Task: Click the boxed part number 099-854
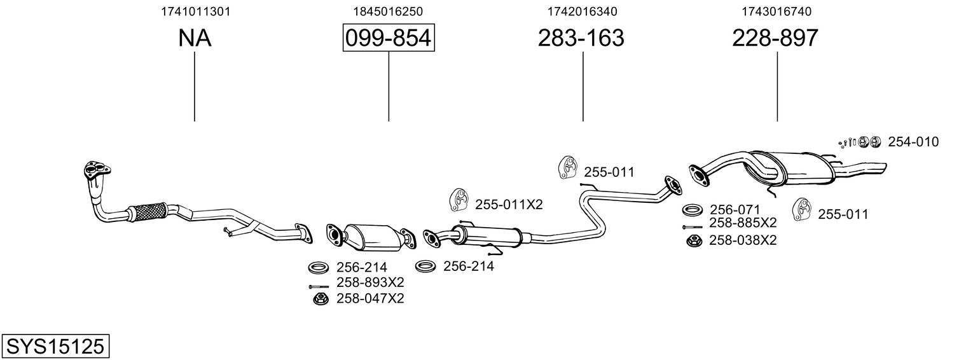(389, 39)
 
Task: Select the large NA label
(195, 39)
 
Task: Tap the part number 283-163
(581, 39)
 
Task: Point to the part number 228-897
(775, 39)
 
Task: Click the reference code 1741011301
(195, 11)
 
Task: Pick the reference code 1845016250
(388, 11)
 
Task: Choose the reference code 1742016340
(582, 11)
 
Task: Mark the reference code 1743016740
(776, 11)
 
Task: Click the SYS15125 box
(55, 347)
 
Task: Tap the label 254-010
(913, 142)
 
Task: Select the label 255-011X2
(509, 204)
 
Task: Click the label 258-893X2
(370, 282)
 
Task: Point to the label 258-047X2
(370, 298)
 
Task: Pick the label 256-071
(735, 209)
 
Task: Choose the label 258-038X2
(743, 240)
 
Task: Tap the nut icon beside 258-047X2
(320, 298)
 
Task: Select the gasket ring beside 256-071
(692, 209)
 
